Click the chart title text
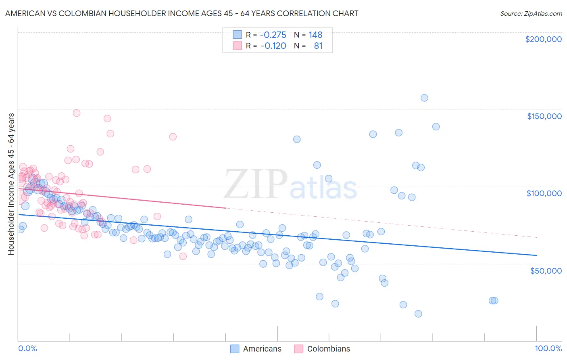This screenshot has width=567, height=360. [x=181, y=13]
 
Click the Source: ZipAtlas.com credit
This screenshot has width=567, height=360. [x=531, y=13]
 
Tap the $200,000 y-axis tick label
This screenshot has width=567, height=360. [x=543, y=39]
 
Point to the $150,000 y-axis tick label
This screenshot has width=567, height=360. [x=544, y=116]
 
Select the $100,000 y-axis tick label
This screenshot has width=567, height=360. [x=544, y=193]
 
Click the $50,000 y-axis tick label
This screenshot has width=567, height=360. [x=546, y=271]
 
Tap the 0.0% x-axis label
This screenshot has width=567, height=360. [x=27, y=348]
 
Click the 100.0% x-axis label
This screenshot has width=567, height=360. [x=548, y=348]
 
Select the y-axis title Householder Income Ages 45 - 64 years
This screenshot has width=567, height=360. [x=11, y=184]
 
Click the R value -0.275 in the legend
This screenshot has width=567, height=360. [x=273, y=35]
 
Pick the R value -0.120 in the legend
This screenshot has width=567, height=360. [x=273, y=46]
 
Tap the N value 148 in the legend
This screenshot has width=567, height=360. [x=315, y=35]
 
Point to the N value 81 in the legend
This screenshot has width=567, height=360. [x=318, y=46]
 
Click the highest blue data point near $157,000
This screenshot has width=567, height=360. [x=424, y=98]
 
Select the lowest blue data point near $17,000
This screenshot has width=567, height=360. [x=418, y=314]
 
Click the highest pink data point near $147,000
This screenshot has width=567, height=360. [x=77, y=113]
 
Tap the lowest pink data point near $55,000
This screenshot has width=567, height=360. [x=183, y=256]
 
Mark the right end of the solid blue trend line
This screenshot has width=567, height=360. [x=536, y=255]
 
